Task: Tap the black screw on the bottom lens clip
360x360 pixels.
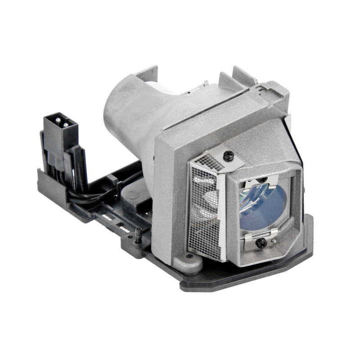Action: tap(260, 243)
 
